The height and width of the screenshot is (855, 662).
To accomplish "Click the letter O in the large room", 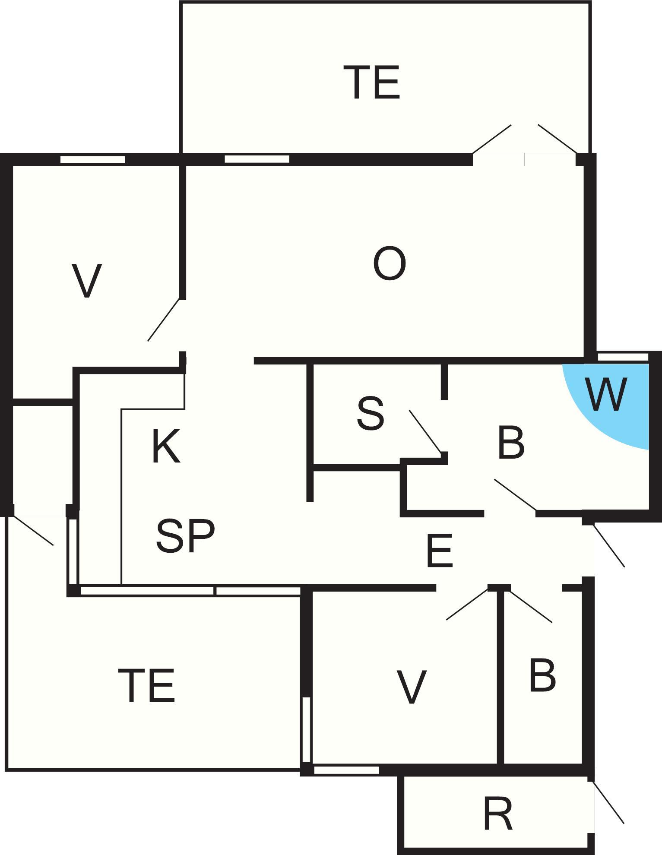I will (x=389, y=264).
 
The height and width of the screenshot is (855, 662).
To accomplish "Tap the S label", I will (x=371, y=414).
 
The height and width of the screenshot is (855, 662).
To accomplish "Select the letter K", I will (x=166, y=447).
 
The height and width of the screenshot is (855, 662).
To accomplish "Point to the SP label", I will (x=185, y=535).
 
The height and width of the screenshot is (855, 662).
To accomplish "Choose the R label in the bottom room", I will (x=498, y=814).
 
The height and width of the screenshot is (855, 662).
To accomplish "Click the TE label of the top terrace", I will (x=374, y=82).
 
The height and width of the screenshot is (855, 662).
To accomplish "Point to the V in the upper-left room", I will (x=87, y=281).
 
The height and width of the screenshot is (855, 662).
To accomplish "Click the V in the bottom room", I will (x=412, y=687).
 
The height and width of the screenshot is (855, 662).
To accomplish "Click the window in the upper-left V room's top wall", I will (x=92, y=159).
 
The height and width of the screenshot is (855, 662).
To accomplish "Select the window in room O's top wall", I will (x=257, y=159).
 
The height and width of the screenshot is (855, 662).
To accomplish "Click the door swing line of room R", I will (x=608, y=801).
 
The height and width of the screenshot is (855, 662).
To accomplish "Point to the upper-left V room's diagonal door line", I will (x=164, y=320).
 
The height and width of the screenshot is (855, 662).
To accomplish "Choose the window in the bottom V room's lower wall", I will (x=346, y=770).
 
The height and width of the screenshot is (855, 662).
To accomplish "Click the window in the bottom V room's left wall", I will (x=306, y=729).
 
